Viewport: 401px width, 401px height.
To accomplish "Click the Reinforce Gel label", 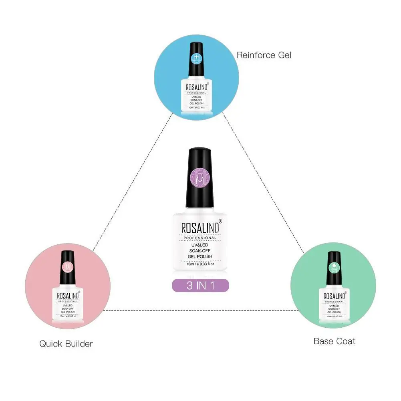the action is (264, 55).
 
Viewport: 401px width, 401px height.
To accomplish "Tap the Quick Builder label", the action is (66, 343).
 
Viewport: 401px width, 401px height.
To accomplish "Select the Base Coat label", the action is (334, 341).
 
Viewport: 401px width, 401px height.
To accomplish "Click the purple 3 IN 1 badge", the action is (200, 285).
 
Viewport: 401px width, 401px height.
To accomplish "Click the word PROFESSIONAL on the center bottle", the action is (199, 238).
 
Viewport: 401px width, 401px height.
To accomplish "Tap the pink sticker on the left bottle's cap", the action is (67, 265).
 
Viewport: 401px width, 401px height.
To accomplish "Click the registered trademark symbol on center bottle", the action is (220, 222).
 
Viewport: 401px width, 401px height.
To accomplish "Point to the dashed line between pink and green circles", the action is (200, 310).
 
